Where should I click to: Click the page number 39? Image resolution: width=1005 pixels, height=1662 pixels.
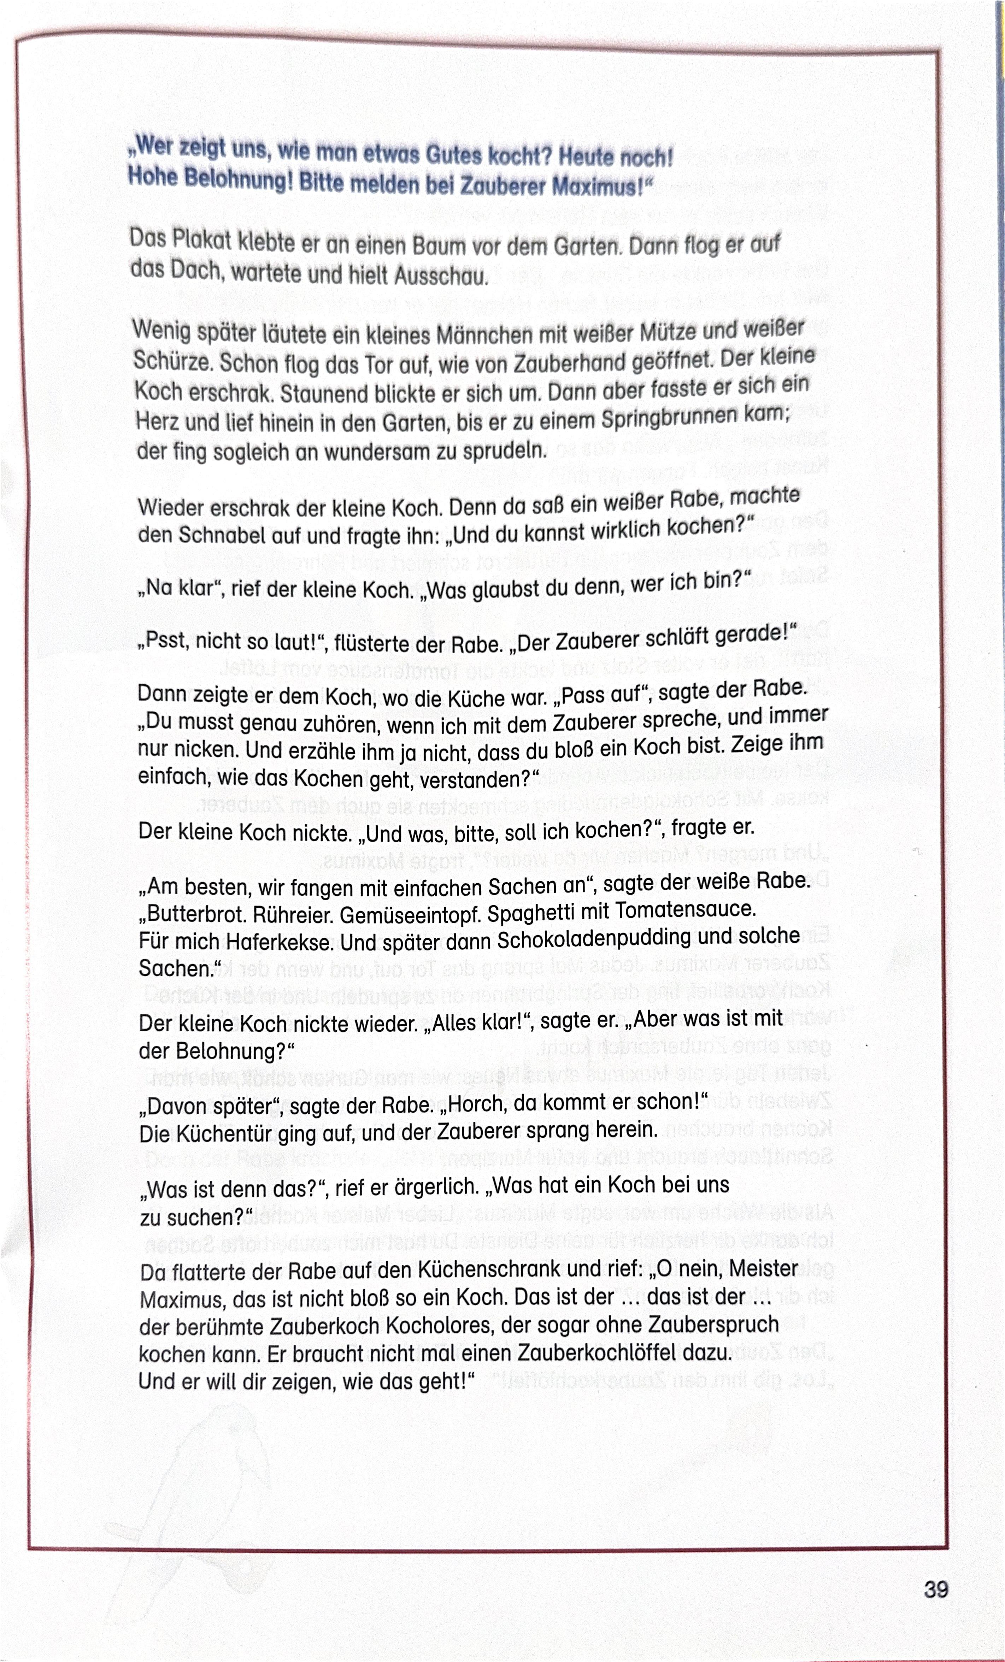pos(935,1590)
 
